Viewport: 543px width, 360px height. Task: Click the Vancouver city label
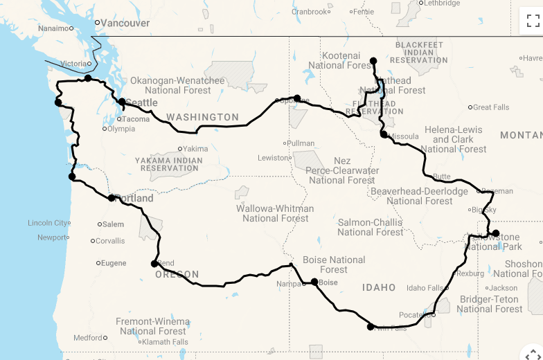[x=125, y=23]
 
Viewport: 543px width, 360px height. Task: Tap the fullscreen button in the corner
[x=531, y=20]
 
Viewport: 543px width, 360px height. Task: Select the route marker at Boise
[x=314, y=282]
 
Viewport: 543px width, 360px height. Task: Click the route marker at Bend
[x=154, y=263]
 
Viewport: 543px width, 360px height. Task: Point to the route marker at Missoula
[x=384, y=134]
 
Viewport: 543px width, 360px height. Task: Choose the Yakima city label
[x=195, y=149]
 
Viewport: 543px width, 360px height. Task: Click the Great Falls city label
[x=491, y=107]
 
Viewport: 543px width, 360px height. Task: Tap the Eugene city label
[x=114, y=263]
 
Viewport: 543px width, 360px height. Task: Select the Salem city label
[x=113, y=224]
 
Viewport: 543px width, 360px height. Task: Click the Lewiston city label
[x=273, y=158]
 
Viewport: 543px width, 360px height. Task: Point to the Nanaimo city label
[x=53, y=28]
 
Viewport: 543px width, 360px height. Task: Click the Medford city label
[x=88, y=338]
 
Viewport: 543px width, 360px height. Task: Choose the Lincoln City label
[x=48, y=223]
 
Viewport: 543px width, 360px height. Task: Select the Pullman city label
[x=301, y=143]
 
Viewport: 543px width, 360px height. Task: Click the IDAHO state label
[x=379, y=287]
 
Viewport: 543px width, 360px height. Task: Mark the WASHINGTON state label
[x=202, y=117]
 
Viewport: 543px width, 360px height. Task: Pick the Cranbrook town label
[x=309, y=12]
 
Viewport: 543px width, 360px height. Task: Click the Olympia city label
[x=121, y=128]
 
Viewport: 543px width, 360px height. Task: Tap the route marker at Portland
[x=112, y=198]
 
